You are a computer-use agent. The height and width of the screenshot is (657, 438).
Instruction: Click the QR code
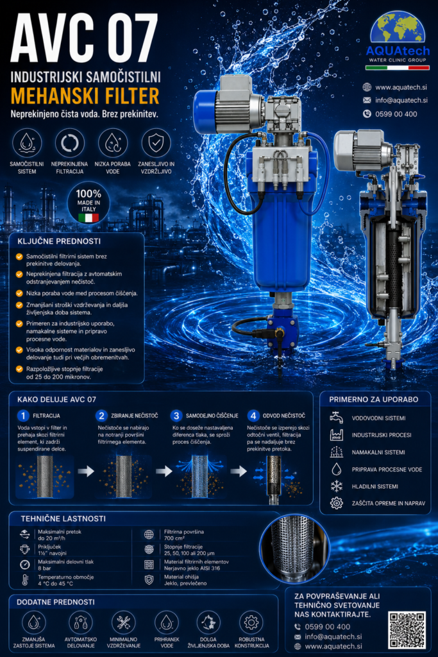(x=407, y=630)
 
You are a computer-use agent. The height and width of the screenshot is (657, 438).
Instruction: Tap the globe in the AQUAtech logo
(x=398, y=28)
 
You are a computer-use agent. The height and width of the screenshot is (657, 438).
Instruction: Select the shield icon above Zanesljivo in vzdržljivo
(x=156, y=143)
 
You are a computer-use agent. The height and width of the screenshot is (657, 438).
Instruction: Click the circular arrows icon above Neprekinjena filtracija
(x=69, y=143)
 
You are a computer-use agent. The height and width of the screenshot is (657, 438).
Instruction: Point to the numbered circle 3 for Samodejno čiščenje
(x=176, y=416)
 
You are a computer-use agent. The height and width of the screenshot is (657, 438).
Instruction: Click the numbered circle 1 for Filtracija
(x=23, y=416)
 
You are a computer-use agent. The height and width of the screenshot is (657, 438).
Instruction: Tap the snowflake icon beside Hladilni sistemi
(x=337, y=486)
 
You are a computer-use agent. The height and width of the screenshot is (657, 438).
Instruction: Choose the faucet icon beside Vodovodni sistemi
(x=336, y=418)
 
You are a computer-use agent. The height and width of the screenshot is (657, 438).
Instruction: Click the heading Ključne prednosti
(x=59, y=241)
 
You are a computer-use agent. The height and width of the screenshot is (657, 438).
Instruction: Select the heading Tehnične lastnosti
(x=63, y=518)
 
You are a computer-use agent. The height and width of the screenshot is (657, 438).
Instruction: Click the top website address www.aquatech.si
(x=401, y=87)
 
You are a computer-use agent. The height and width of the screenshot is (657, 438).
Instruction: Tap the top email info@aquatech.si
(x=401, y=100)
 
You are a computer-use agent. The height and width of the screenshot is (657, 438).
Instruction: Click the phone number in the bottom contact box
(x=328, y=627)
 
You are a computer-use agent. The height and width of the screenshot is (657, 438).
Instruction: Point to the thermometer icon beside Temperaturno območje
(x=25, y=580)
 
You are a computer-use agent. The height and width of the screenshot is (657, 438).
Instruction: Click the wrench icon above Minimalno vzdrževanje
(x=123, y=622)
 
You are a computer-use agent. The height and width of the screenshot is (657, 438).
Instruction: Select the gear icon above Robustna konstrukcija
(x=251, y=622)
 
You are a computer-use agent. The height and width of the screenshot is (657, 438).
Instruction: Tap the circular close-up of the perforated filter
(x=294, y=549)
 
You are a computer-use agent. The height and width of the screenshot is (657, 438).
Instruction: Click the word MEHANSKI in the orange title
(x=55, y=96)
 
